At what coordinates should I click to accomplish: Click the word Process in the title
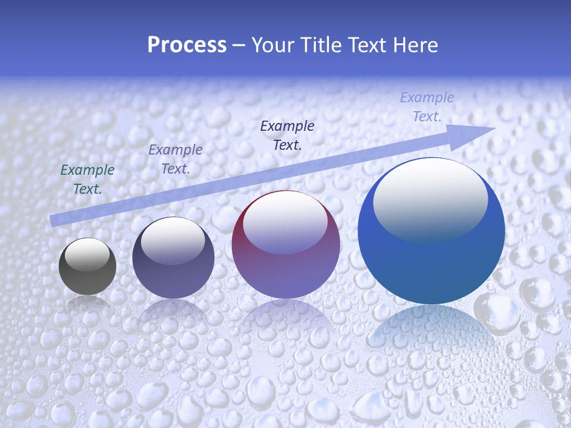click(187, 45)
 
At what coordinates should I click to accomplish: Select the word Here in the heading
click(416, 45)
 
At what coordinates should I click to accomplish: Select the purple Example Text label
click(175, 159)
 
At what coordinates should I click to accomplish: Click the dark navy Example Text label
click(287, 135)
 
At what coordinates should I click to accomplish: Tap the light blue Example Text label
click(426, 107)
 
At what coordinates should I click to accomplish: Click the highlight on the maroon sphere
click(285, 223)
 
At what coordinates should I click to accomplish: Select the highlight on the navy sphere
click(172, 239)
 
